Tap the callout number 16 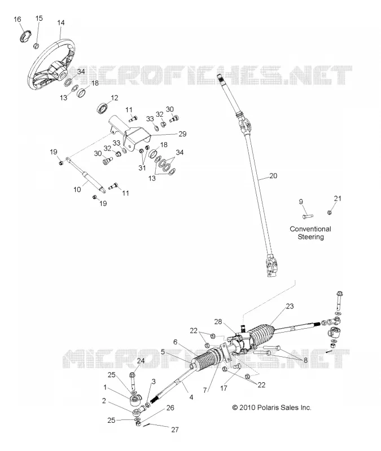click(17, 19)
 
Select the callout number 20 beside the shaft click(273, 175)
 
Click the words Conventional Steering click(310, 233)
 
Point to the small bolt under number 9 click(308, 215)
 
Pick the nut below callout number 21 click(330, 213)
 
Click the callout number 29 click(182, 134)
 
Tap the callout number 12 click(115, 98)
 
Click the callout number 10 click(77, 189)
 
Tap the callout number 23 click(290, 306)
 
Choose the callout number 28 click(218, 321)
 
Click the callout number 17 click(224, 388)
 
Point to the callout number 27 click(175, 430)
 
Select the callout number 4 click(191, 397)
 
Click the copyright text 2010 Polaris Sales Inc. click(272, 408)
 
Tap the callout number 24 click(141, 361)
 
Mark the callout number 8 click(305, 360)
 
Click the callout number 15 click(39, 18)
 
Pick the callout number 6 click(175, 342)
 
